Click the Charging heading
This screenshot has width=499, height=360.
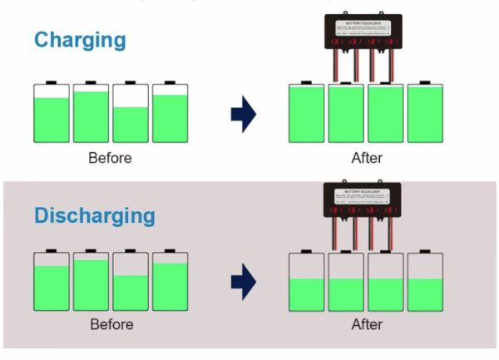click(80, 39)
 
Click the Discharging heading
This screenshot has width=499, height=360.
click(95, 215)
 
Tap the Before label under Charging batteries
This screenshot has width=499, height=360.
click(110, 157)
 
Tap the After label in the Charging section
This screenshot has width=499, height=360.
click(367, 157)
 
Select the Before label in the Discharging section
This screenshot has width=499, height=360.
click(111, 323)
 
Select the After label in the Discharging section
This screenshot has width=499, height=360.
click(367, 323)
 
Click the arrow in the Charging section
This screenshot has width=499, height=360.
click(244, 114)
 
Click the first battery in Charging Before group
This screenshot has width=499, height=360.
click(52, 114)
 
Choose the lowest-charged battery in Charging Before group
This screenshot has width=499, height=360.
click(131, 114)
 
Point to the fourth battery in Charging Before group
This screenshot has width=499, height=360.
click(170, 114)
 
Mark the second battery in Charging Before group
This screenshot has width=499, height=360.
click(91, 114)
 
